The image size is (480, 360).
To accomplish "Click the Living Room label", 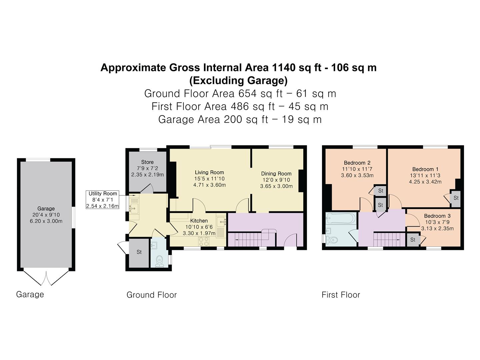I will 209,172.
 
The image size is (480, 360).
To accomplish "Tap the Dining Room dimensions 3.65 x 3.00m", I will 276,186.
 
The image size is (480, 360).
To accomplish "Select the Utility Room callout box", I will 102,200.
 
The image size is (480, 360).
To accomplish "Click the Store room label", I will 147,162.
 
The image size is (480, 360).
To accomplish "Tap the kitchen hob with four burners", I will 204,241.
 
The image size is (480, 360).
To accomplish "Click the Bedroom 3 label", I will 437,216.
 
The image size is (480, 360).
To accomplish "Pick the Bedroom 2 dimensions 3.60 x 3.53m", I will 357,175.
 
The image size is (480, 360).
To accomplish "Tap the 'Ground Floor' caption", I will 151,295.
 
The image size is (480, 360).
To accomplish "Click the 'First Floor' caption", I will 341,295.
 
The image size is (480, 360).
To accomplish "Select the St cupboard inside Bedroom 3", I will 413,240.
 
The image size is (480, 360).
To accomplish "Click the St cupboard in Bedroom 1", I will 456,198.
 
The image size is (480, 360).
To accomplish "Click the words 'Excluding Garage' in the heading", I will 238,81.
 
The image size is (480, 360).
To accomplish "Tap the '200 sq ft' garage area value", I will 246,119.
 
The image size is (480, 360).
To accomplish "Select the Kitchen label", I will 199,221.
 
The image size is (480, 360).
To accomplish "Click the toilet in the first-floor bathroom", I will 332,239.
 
